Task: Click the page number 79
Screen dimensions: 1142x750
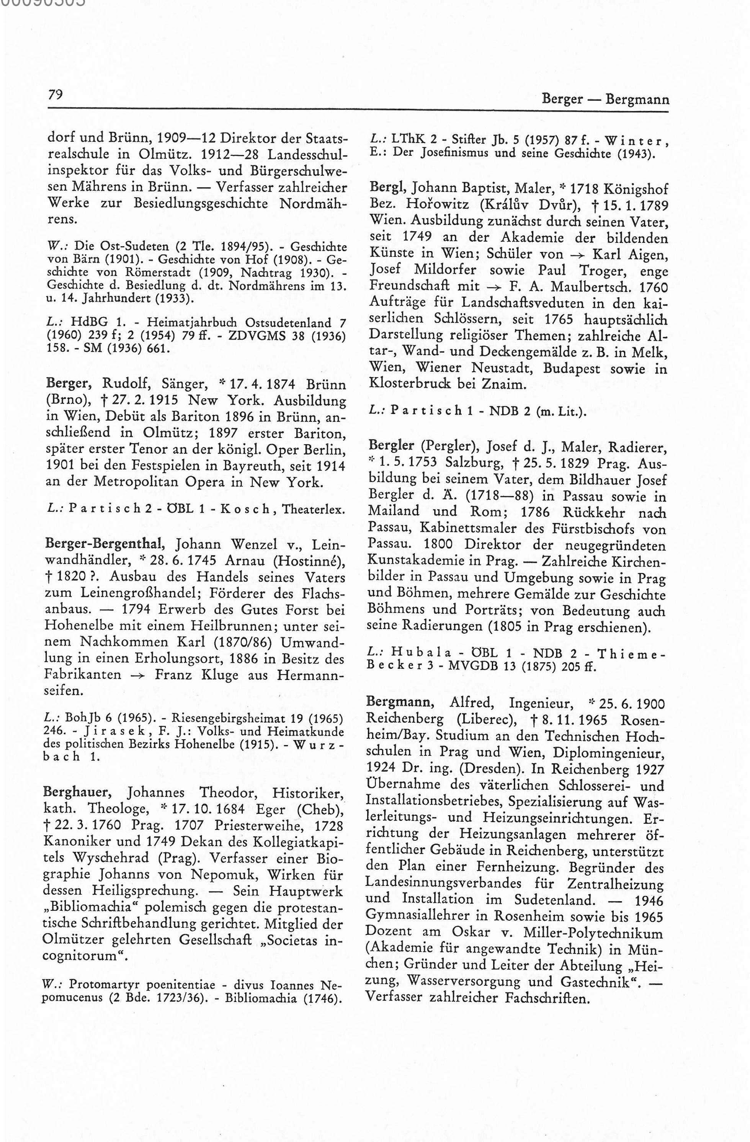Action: (56, 94)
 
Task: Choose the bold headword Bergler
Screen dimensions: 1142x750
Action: (391, 446)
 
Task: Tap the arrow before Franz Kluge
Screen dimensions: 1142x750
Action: (139, 675)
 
